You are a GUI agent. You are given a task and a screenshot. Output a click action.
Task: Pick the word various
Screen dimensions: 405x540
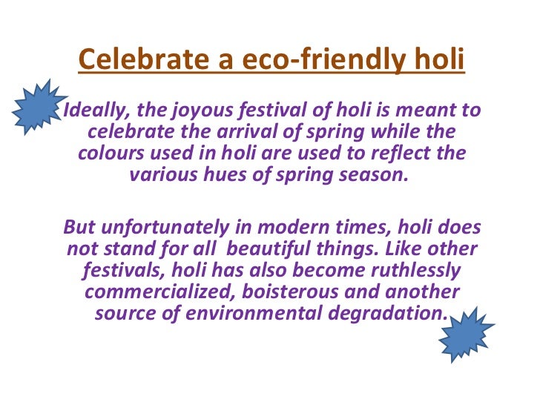click(x=159, y=177)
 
